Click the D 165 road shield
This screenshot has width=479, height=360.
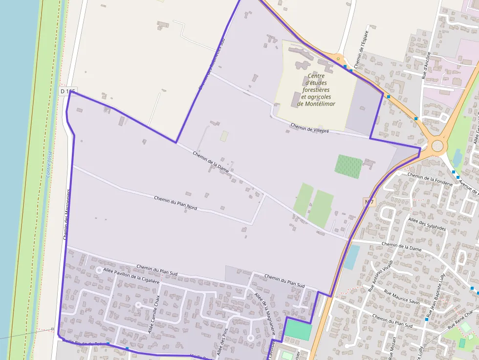point(68,91)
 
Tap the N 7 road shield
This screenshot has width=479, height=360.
point(370,202)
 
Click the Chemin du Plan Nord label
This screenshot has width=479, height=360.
point(175,203)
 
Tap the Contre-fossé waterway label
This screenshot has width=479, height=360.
point(49,164)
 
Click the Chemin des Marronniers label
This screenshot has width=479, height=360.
point(67,214)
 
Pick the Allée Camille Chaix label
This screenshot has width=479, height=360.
point(154,315)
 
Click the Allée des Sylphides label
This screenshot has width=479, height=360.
point(427,224)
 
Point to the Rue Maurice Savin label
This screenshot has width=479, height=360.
point(402,297)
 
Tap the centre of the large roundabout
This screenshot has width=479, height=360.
point(437,146)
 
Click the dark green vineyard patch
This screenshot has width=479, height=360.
point(348,167)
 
